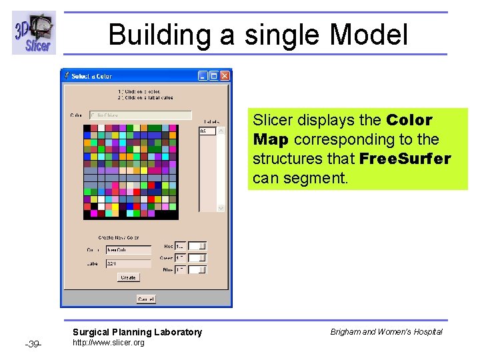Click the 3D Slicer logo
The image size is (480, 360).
[34, 33]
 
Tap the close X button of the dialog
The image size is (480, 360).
[225, 76]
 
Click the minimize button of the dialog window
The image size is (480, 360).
[203, 76]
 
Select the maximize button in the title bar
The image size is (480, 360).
[213, 76]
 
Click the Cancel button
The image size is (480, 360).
[146, 299]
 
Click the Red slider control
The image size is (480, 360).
[197, 246]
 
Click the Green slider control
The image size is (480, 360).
[197, 258]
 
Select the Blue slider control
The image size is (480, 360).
[197, 270]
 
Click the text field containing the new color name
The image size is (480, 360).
[129, 250]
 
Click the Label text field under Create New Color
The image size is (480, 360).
[129, 263]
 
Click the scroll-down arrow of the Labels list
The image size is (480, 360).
[221, 208]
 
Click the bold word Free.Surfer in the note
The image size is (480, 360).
[405, 159]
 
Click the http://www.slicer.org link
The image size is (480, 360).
[108, 343]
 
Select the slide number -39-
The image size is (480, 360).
[33, 344]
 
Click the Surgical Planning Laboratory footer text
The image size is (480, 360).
[137, 332]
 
